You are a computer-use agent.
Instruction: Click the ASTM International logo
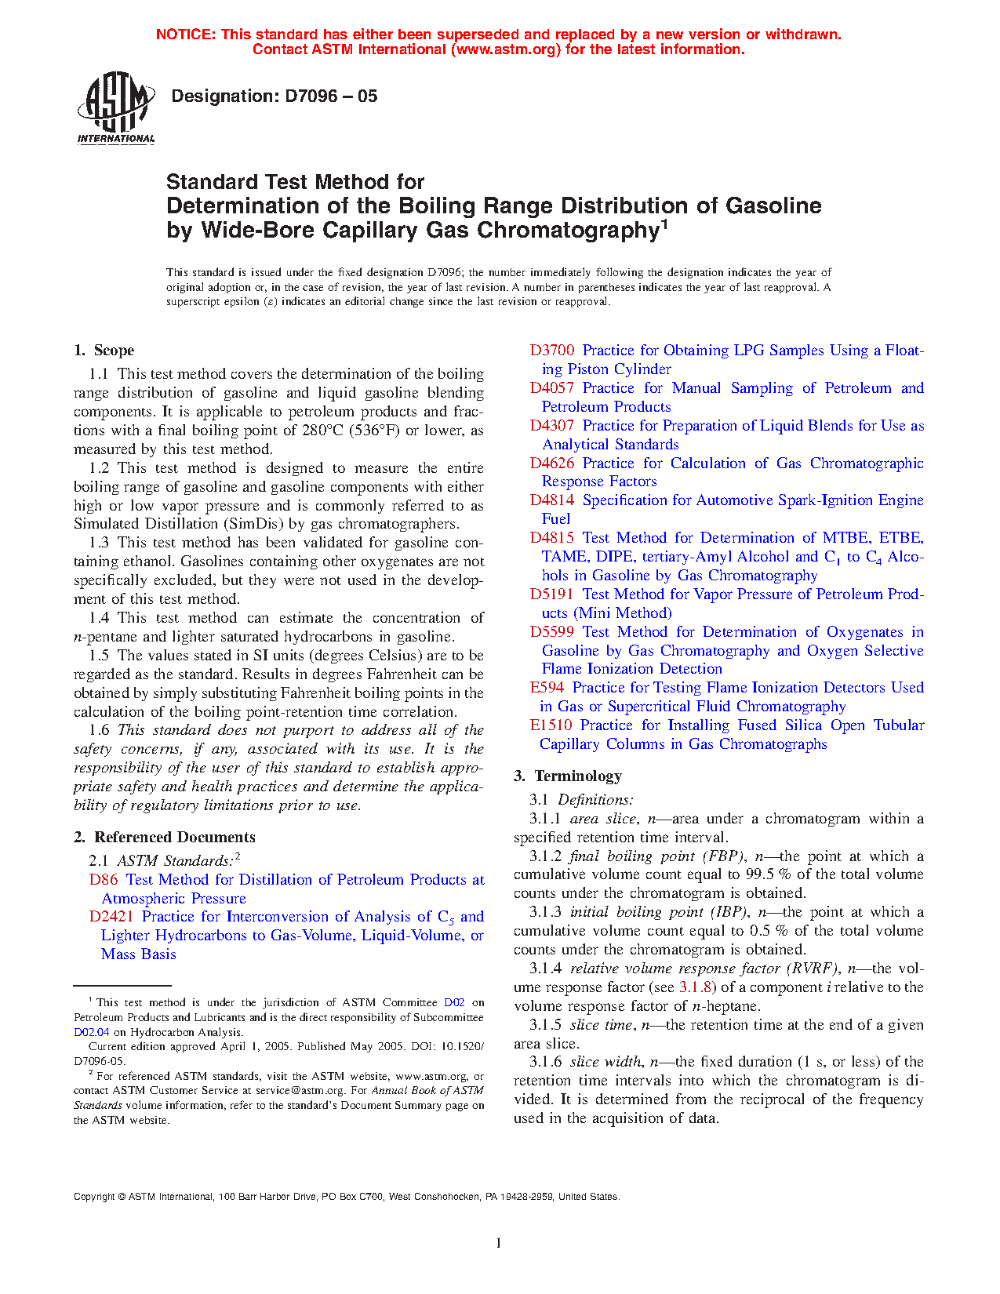(x=116, y=107)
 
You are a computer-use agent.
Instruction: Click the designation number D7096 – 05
(x=274, y=96)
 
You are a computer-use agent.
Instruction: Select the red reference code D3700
(x=551, y=351)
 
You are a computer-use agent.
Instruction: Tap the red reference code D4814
(x=551, y=500)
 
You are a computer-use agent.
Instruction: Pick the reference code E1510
(x=551, y=725)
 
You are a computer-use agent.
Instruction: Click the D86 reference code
(x=103, y=880)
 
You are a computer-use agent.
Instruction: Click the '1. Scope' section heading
(x=104, y=351)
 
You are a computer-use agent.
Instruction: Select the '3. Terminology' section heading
(x=567, y=776)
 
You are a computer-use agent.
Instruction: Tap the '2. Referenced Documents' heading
(x=164, y=838)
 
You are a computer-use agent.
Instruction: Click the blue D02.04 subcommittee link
(x=91, y=1032)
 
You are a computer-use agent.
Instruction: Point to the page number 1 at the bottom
(x=499, y=1242)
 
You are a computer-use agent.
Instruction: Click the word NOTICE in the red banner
(x=185, y=35)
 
